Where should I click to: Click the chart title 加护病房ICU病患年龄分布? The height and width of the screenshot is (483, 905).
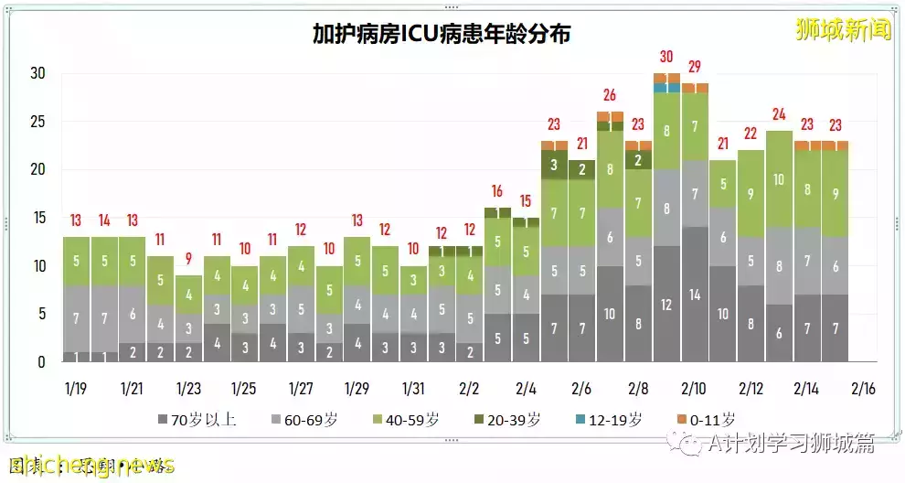(x=442, y=34)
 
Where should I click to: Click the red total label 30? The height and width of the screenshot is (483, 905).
(x=666, y=57)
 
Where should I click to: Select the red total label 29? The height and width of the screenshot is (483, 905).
(x=695, y=66)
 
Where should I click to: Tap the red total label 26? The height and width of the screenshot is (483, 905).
(x=610, y=95)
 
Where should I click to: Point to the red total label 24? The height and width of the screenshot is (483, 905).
(x=779, y=114)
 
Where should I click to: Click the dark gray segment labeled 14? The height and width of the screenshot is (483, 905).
(x=695, y=295)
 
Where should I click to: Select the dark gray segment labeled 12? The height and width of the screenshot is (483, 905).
(x=666, y=305)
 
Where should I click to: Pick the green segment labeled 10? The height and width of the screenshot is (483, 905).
(x=779, y=179)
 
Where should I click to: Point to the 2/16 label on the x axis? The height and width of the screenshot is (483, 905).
(x=863, y=388)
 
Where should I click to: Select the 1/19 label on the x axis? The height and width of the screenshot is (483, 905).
(x=77, y=388)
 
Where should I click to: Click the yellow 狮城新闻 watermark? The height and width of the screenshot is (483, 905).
(x=842, y=29)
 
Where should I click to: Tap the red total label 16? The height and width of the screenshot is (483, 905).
(x=497, y=191)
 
